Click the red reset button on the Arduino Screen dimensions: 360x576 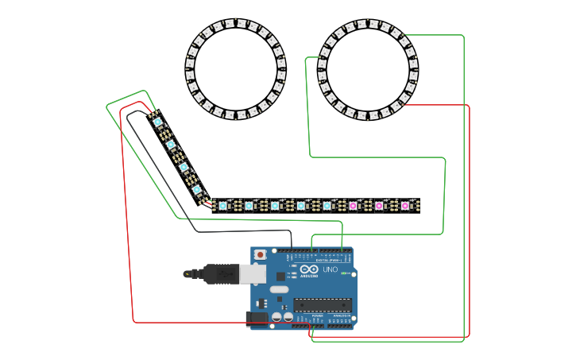click(260, 254)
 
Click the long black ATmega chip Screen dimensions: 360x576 click(323, 304)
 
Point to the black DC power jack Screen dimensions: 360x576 click(257, 317)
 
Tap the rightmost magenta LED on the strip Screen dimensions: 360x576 click(405, 206)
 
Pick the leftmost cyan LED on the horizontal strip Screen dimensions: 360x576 click(222, 206)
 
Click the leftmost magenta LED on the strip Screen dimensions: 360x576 click(353, 206)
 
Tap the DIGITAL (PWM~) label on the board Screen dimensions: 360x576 click(328, 260)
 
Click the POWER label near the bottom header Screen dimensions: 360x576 click(317, 315)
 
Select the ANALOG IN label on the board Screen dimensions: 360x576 click(341, 315)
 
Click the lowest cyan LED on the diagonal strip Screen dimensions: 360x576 click(197, 190)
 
